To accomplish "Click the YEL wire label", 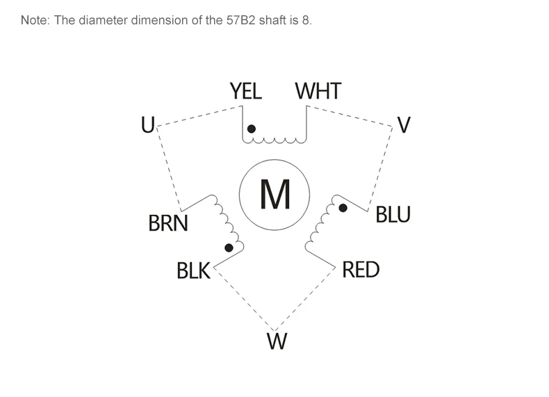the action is pos(246,91).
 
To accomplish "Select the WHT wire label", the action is pos(318,91).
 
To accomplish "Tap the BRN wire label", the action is pos(168,223).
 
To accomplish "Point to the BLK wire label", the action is pos(193,270).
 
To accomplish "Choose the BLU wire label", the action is pos(393,214).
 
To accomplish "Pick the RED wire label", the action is pos(361,270).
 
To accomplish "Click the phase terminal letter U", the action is pos(148,124).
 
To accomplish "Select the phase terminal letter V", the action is pos(404,124).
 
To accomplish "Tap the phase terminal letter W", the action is pos(277,341).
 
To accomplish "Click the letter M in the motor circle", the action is pos(275,194).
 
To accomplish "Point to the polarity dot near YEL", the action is pos(252,129).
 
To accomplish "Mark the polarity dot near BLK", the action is pos(229,248).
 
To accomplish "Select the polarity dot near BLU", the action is pos(343,208).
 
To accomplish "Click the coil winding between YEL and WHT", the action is pos(274,141).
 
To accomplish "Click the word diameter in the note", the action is pos(104,20).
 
